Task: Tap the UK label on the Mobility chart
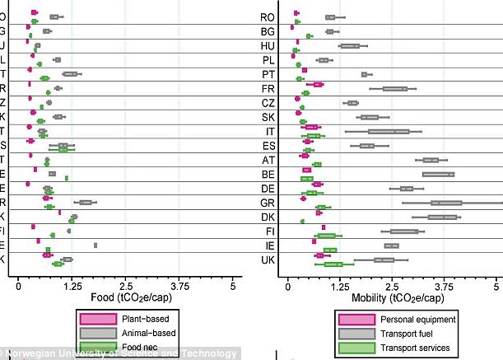click(267, 260)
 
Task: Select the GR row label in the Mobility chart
click(267, 203)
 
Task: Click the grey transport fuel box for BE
click(438, 174)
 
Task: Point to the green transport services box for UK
click(333, 264)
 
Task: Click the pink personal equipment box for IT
click(312, 128)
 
